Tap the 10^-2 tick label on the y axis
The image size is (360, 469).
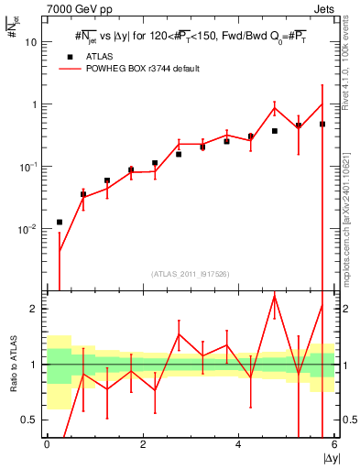tap(27, 229)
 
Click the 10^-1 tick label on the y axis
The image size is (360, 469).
tap(27, 167)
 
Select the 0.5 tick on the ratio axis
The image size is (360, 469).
tap(30, 420)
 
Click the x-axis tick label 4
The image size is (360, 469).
tap(238, 445)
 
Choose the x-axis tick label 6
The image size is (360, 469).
tap(334, 445)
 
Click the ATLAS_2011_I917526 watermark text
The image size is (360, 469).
tap(191, 273)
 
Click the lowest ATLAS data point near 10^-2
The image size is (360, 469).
tap(60, 222)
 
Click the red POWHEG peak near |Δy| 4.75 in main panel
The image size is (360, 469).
tap(275, 108)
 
